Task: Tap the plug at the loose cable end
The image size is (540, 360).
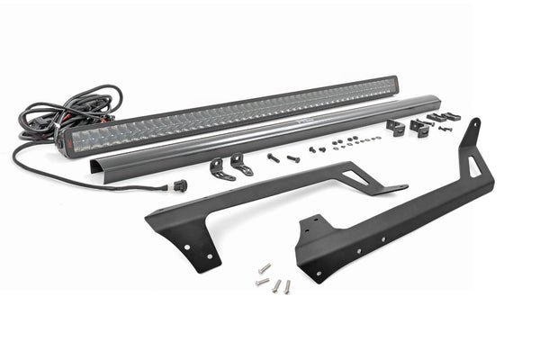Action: tap(181, 186)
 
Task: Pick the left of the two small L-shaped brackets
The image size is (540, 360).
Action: tap(218, 168)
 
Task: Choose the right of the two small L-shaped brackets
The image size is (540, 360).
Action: tap(241, 165)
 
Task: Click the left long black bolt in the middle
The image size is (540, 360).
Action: tap(273, 157)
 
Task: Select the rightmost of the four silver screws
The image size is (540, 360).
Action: tap(287, 286)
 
